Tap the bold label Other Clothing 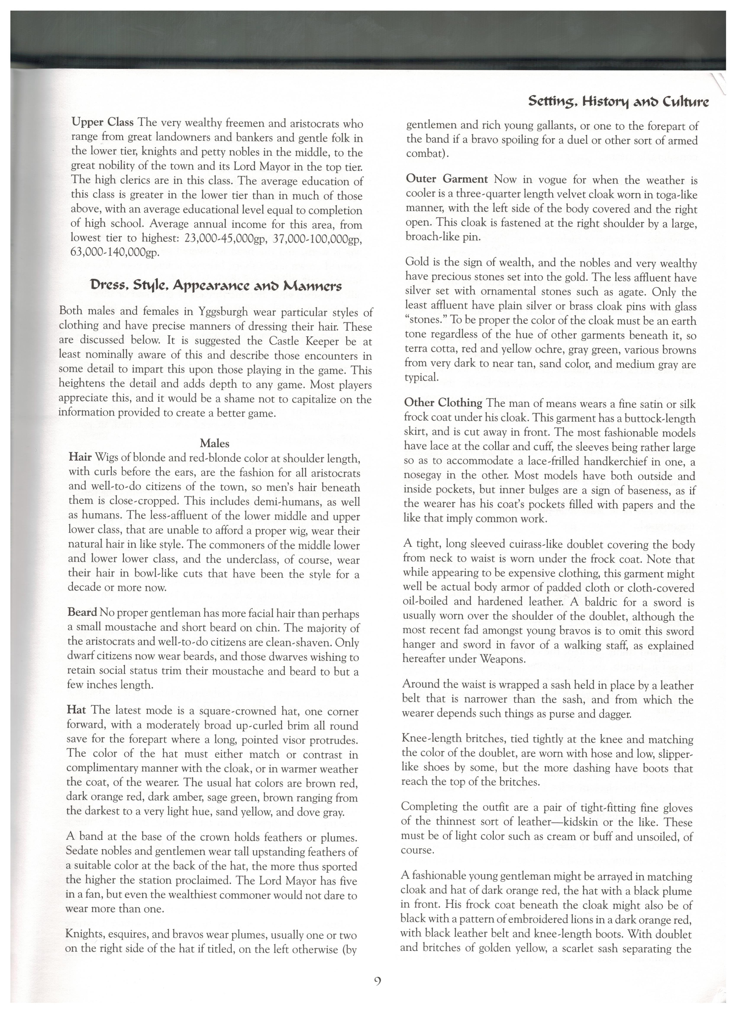pyautogui.click(x=443, y=403)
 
